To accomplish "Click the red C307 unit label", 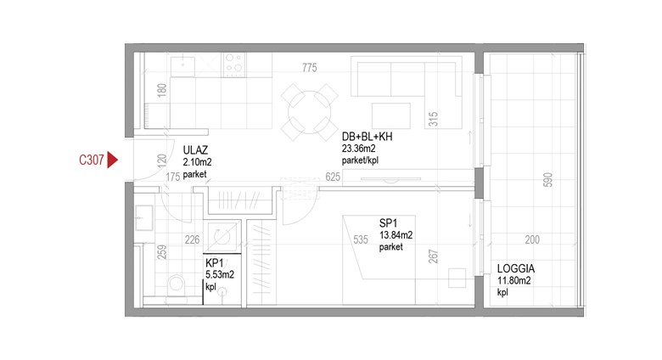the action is point(91,160).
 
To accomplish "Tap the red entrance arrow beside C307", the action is point(112,160).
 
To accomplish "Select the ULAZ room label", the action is point(195,150).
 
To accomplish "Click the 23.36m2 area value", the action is point(358,149).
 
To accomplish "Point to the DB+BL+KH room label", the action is point(367,137).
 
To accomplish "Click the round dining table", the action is point(310,112).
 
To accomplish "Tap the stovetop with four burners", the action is point(234,65).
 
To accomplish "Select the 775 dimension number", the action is point(310,68).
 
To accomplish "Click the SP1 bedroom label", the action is point(389,223).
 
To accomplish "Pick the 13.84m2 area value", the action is point(396,235).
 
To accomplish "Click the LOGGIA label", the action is point(516,268).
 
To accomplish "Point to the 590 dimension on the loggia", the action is point(547,180).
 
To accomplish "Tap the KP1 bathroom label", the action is point(215,263).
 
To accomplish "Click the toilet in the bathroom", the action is point(176,286).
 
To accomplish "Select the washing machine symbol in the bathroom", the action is point(222,237).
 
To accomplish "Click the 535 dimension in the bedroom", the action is point(361,239).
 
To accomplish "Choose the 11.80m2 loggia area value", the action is point(513,280).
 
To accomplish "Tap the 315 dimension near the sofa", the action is point(433,119).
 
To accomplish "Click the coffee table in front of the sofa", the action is point(391,115).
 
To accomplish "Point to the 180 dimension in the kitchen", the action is point(162,90).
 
